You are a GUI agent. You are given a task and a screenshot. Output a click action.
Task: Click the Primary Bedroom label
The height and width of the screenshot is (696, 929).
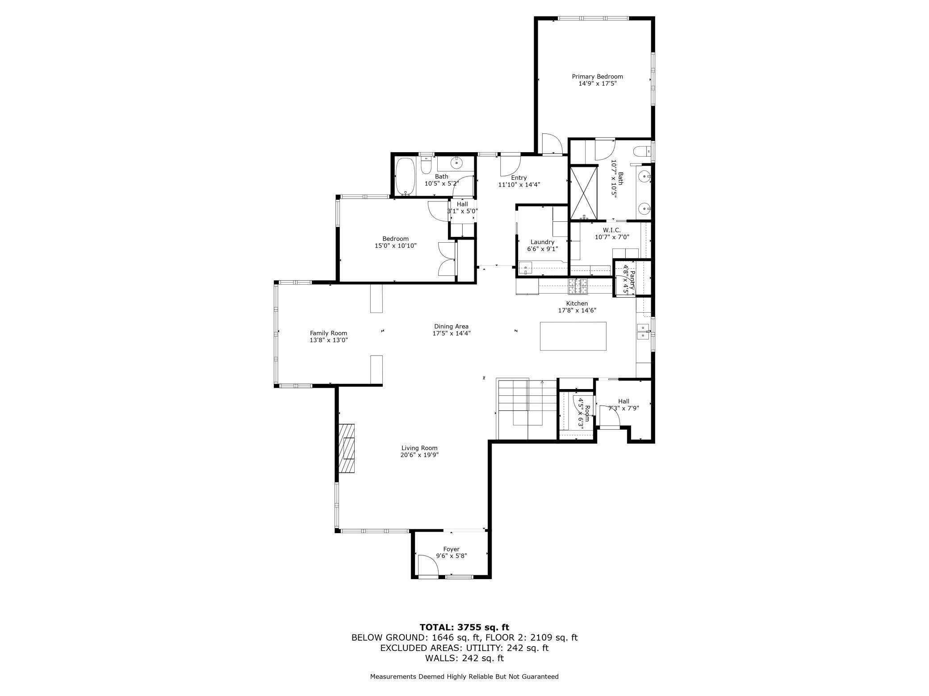597,77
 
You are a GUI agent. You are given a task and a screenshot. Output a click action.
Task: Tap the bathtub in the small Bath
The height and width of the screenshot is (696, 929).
406,177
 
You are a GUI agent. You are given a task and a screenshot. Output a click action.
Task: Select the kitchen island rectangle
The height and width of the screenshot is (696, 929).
573,336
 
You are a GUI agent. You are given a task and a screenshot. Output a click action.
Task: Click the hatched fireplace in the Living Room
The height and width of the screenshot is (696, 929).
346,448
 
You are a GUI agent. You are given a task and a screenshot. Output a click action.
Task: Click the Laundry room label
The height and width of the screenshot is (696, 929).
542,242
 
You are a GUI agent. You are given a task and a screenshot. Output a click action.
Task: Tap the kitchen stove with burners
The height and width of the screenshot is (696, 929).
577,286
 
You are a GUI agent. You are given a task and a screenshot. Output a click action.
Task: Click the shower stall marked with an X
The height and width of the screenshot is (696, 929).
583,193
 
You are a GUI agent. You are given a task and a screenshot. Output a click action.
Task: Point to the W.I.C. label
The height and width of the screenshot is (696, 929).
611,230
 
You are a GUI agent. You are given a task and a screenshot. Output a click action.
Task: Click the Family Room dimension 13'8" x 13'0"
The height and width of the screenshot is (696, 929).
328,340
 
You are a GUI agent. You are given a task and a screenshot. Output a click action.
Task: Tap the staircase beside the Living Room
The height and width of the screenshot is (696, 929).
527,408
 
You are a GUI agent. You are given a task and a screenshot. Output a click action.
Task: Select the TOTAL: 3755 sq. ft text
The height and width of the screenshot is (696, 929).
464,627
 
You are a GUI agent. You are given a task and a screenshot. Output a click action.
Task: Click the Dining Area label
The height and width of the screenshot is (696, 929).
451,326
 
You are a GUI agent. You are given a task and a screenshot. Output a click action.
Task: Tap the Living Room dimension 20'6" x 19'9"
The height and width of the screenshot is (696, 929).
419,455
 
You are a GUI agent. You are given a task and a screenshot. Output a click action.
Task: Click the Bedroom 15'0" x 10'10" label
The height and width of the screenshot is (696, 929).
395,239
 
